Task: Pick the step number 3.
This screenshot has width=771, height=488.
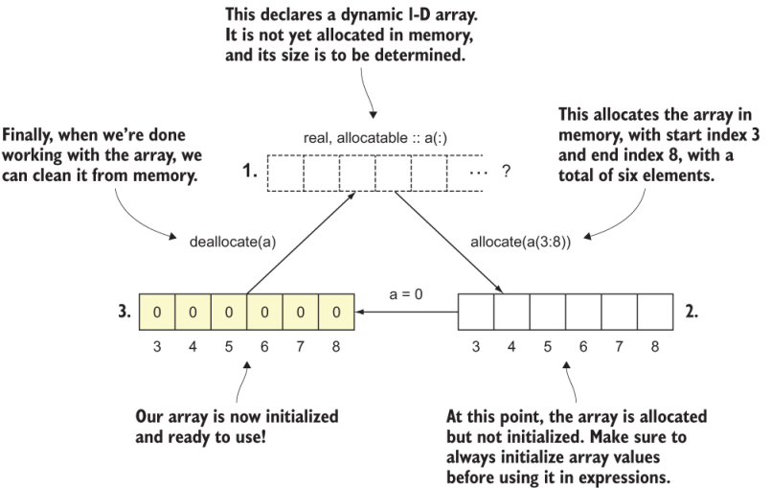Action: (122, 313)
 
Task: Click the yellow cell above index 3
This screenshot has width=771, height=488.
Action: (158, 313)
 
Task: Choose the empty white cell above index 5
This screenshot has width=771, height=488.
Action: (547, 313)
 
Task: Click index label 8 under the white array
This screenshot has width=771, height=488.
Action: (655, 347)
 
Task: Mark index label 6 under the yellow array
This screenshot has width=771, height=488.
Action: (265, 347)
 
